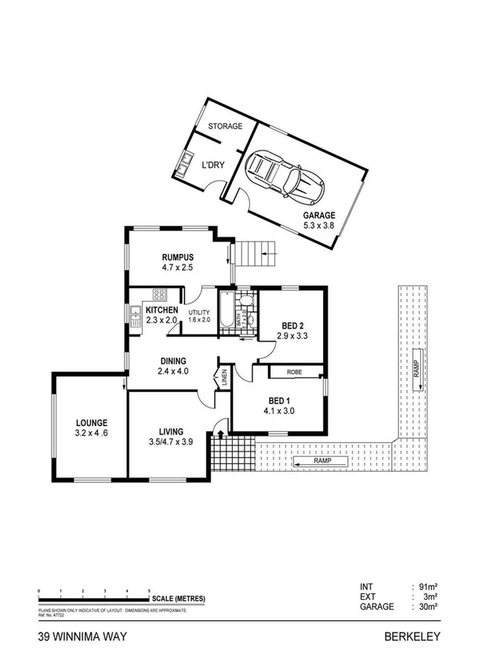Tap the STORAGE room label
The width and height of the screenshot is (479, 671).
click(225, 126)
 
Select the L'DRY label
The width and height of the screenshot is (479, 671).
click(215, 165)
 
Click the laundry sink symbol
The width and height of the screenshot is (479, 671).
click(183, 165)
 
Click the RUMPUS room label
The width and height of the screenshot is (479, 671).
click(177, 257)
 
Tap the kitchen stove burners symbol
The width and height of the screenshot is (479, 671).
click(158, 296)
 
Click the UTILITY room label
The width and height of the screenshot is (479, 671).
click(200, 312)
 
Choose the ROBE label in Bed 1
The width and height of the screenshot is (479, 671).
click(297, 372)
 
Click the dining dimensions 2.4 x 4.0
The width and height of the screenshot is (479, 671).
click(173, 372)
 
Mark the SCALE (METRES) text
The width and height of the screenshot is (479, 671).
click(180, 598)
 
